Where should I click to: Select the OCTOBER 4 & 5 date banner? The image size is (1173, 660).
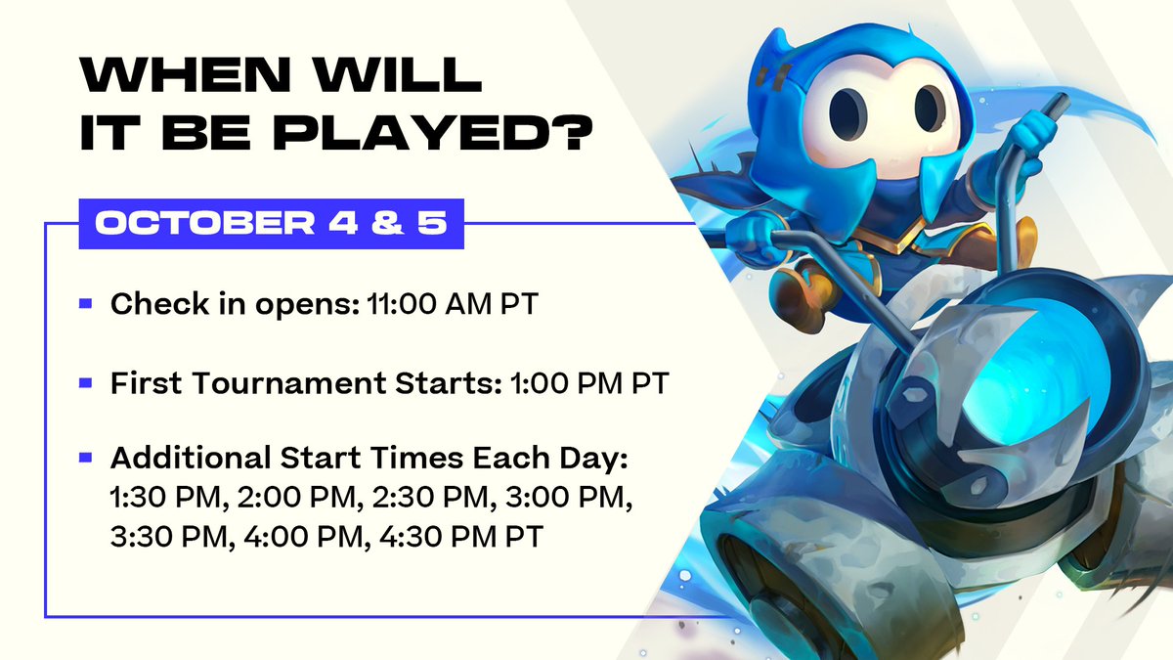[x=271, y=223]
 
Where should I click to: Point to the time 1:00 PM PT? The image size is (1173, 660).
[x=589, y=383]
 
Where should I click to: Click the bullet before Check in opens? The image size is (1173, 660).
[x=86, y=305]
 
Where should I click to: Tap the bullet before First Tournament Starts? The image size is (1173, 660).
[x=86, y=383]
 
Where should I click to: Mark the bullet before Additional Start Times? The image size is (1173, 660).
[x=86, y=457]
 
